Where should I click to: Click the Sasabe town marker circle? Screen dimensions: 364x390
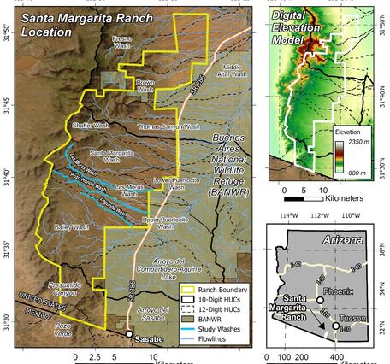(x=129, y=333)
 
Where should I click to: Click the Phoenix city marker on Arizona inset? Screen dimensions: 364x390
(x=319, y=300)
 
